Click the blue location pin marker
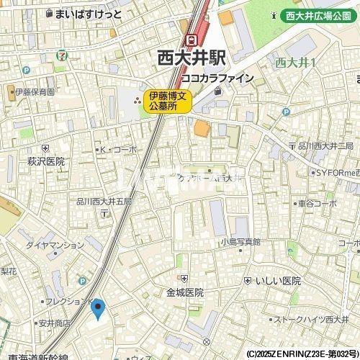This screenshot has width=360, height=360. coord(99,309)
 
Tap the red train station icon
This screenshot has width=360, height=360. coord(192,40)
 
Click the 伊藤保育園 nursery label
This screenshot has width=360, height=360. coord(32,92)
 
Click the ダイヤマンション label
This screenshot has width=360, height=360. coord(55,245)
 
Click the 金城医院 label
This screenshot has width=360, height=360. coord(185,293)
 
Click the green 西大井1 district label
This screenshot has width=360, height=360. coord(292,63)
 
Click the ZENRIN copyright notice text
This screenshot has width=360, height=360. coord(302,354)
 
